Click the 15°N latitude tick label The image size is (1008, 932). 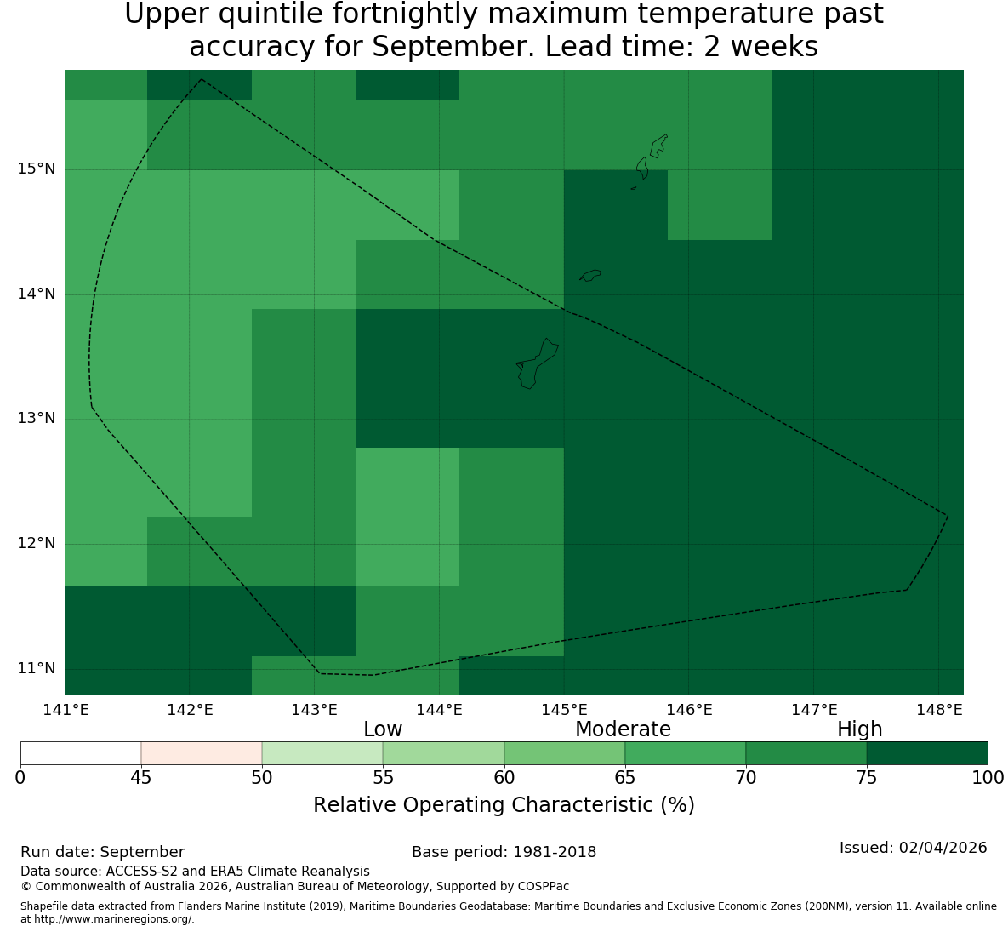coord(36,169)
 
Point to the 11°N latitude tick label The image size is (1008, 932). coord(36,668)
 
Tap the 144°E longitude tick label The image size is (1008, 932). coord(440,710)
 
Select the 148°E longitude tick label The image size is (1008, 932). coord(940,710)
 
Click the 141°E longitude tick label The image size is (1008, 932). coord(65,710)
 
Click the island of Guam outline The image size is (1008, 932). coord(537,363)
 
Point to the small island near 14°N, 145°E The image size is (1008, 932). coord(590,275)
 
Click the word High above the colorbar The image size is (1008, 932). coord(859,729)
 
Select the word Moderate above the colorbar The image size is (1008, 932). coord(623,729)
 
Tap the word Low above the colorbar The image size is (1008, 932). coord(383,729)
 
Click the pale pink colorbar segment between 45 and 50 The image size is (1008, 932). coord(202,753)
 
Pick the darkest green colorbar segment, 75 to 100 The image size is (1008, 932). coord(927,753)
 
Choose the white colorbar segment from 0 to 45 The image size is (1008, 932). coord(81,753)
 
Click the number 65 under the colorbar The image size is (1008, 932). coord(625,778)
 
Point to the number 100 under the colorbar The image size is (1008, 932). coord(988,778)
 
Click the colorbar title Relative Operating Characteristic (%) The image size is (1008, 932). coord(504,805)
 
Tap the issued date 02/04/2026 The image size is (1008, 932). coord(943,848)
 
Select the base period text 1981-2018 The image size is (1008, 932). coord(555,852)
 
